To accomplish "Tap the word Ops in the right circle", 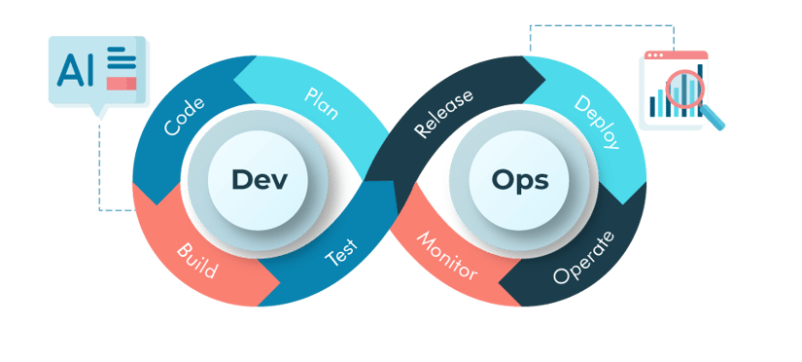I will (520, 180).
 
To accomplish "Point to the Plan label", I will (321, 103).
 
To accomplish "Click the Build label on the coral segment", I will (197, 261).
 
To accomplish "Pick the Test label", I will (341, 254).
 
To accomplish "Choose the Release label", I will (443, 114).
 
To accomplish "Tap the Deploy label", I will (597, 123).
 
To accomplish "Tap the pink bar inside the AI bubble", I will (122, 84).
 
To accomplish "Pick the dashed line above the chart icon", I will (583, 26).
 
